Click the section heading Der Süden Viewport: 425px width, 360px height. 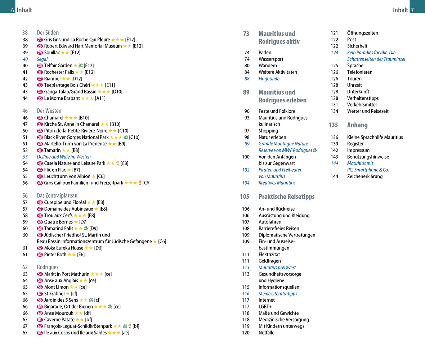click(x=48, y=32)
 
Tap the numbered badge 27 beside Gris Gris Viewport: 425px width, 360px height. click(x=40, y=40)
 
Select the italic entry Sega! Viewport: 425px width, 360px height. click(x=42, y=59)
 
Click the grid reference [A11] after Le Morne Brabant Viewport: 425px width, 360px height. click(x=100, y=98)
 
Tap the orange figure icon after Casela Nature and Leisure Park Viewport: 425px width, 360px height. click(x=118, y=163)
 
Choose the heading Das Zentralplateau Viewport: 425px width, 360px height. click(x=57, y=195)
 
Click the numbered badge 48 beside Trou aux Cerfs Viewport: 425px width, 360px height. click(x=40, y=215)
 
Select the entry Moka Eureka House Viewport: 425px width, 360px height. click(x=63, y=248)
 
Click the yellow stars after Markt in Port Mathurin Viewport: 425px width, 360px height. click(x=97, y=274)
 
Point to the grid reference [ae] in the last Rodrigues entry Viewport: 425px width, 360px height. click(x=125, y=333)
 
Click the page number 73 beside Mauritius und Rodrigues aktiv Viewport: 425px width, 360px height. click(x=246, y=34)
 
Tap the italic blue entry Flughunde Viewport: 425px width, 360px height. click(x=269, y=78)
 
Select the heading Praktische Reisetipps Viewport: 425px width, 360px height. click(x=286, y=197)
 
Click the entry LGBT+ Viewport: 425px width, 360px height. click(x=265, y=306)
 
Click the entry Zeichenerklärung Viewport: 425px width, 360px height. click(x=364, y=176)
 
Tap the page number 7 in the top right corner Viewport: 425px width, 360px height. click(x=412, y=10)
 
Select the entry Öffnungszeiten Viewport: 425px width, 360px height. click(x=362, y=33)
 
